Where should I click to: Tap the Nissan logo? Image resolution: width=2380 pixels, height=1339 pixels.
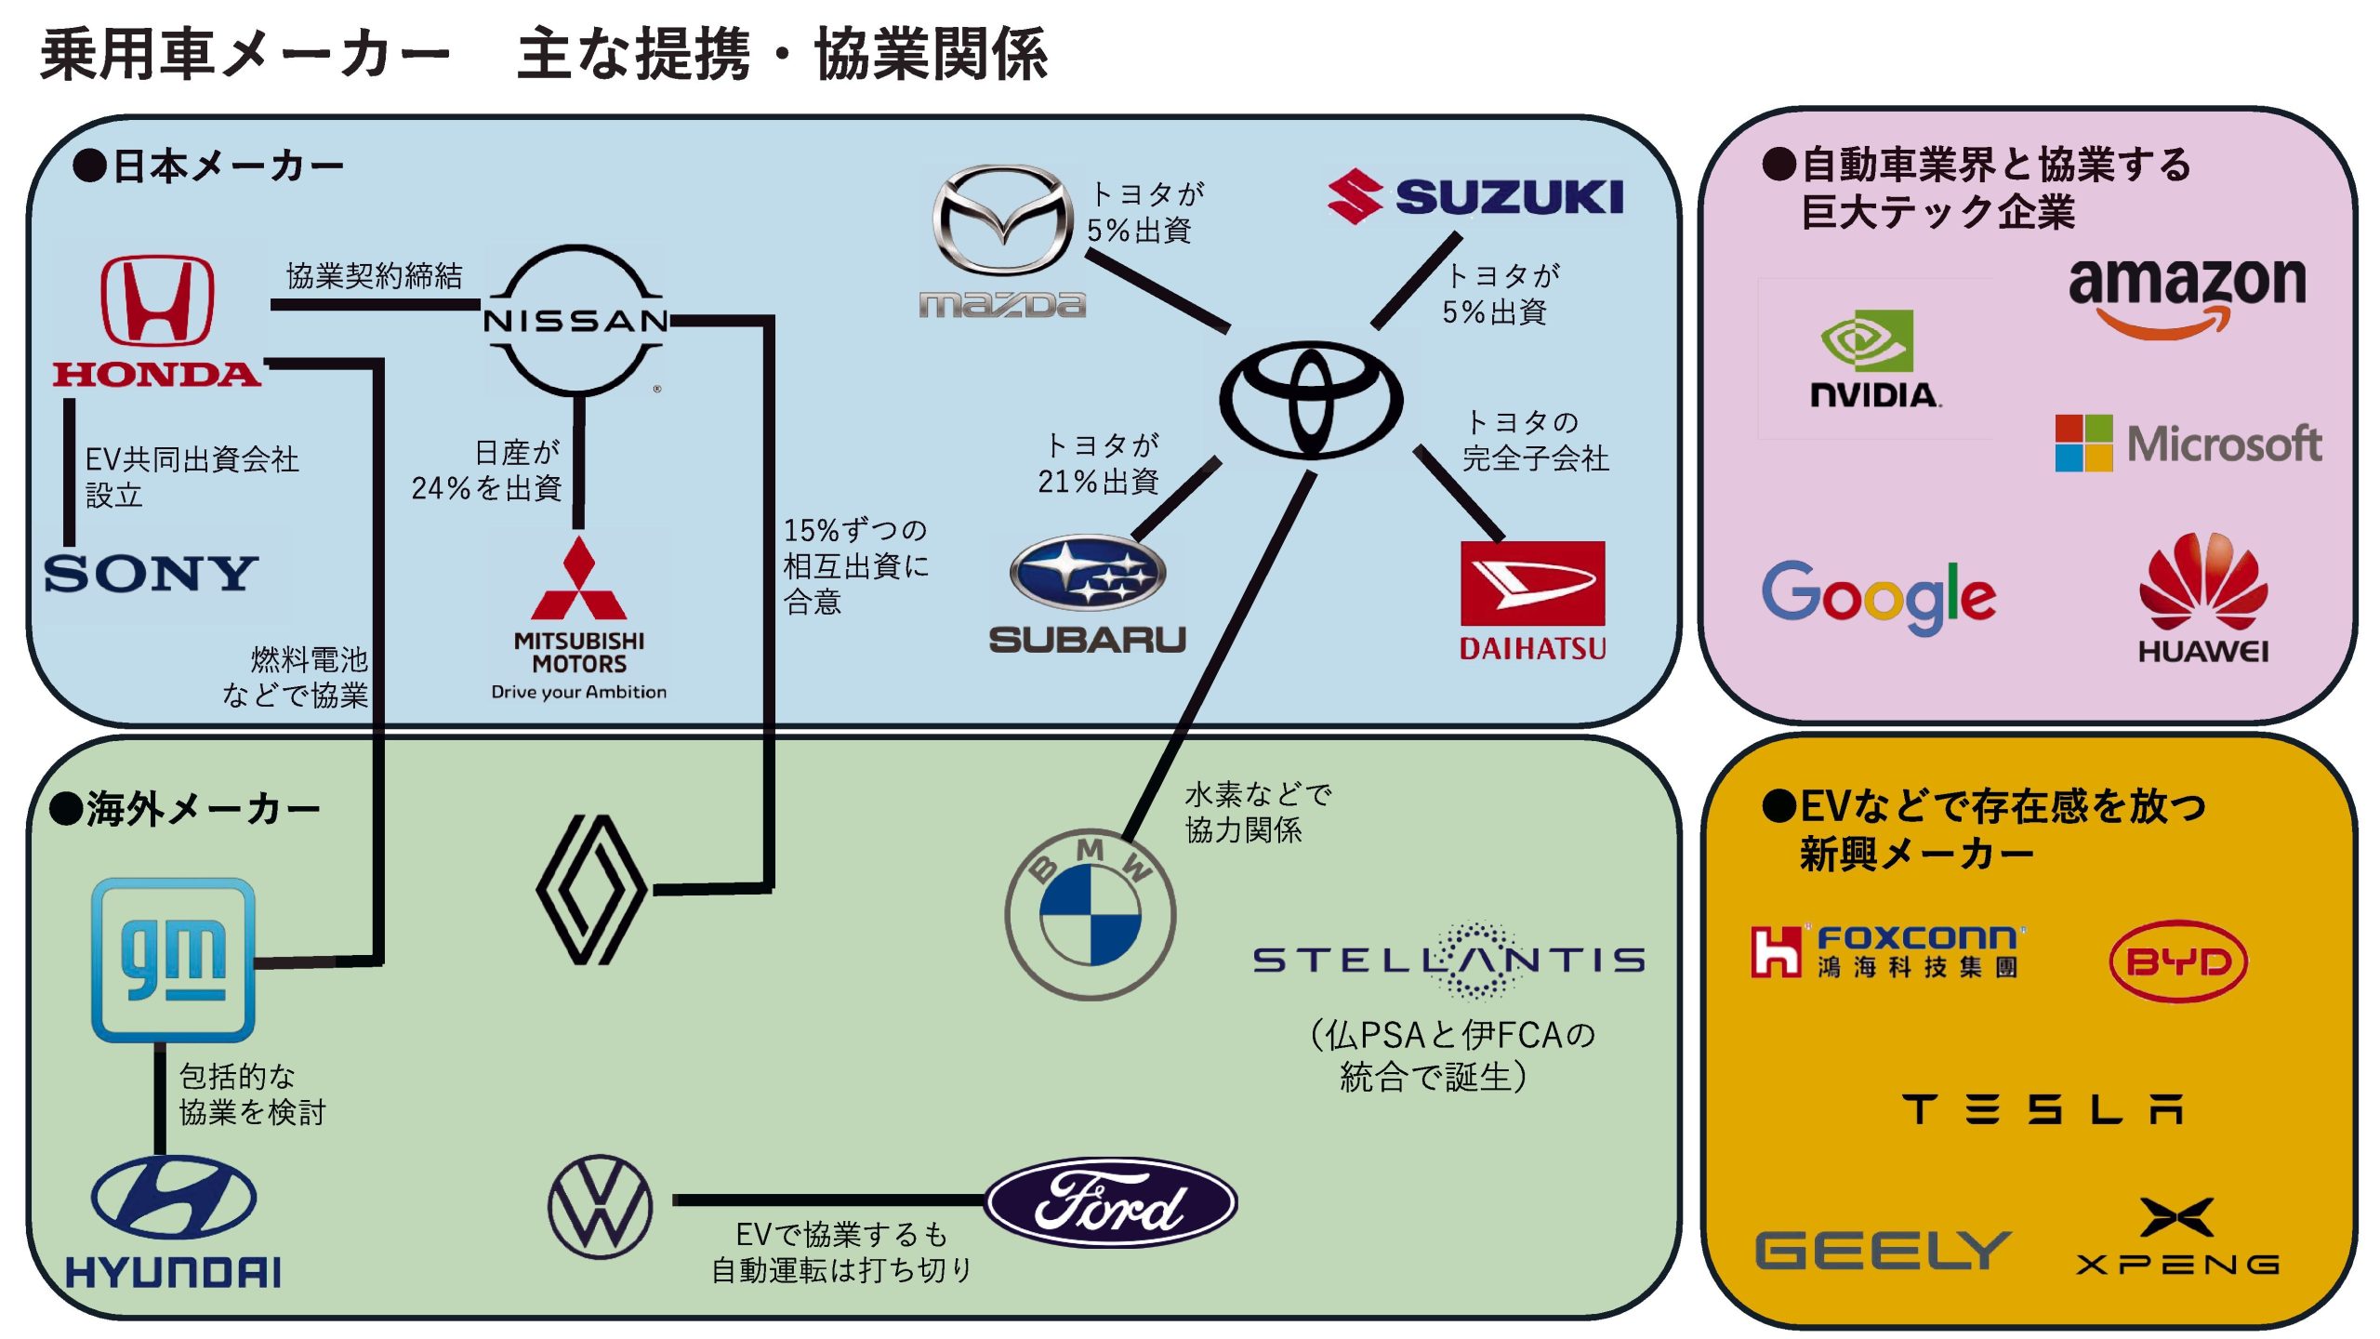point(575,320)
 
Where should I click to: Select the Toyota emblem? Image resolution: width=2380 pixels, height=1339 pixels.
point(1310,400)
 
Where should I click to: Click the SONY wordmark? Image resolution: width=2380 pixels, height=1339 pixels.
point(151,573)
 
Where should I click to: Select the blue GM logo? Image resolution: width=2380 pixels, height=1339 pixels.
point(173,960)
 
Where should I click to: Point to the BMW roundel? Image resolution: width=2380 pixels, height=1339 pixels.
point(1090,915)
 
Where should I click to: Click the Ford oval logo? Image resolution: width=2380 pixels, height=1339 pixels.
point(1111,1201)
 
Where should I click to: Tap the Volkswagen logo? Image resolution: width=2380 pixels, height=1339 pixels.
point(601,1206)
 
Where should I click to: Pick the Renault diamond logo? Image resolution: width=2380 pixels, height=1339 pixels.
point(592,890)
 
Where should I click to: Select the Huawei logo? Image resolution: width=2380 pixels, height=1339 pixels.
point(2202,596)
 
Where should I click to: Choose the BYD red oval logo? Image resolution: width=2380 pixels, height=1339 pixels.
point(2178,961)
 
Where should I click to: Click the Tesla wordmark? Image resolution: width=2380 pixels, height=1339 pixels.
point(2042,1108)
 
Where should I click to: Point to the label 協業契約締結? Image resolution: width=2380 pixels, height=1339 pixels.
point(374,275)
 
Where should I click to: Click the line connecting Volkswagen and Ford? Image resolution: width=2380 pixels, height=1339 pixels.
point(827,1200)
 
